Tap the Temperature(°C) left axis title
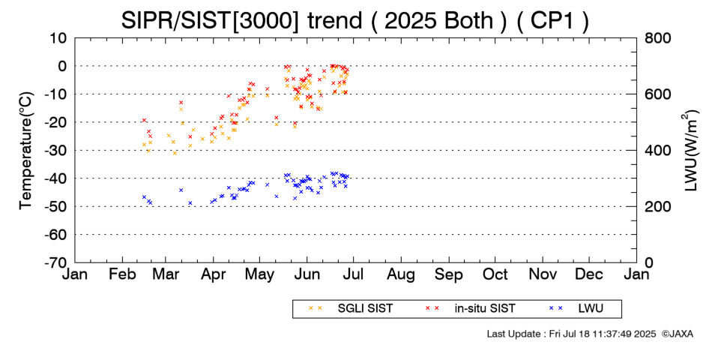[x=26, y=151]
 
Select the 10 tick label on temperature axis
[x=58, y=38]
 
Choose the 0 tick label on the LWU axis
[x=649, y=262]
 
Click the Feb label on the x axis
[x=123, y=274]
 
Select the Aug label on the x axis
[x=401, y=275]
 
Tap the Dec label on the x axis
[x=589, y=274]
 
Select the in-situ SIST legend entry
[x=471, y=308]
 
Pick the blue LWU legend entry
[x=576, y=308]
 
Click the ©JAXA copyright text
[x=677, y=334]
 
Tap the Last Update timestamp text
[x=571, y=334]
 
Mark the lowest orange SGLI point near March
[x=175, y=153]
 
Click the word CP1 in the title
[x=552, y=20]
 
